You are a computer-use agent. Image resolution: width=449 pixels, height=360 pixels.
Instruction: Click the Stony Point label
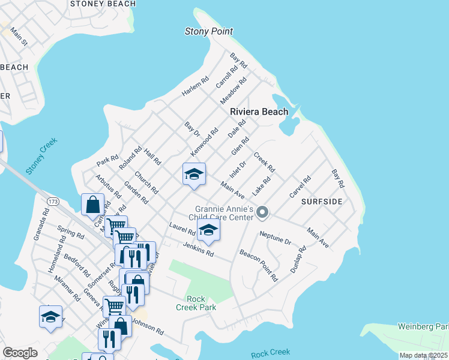coord(208,31)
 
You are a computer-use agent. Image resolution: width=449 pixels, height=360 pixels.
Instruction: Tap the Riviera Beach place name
coord(259,112)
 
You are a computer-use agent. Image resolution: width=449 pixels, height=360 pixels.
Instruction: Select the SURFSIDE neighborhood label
coord(322,202)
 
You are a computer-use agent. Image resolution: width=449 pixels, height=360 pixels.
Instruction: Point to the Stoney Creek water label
coord(41,156)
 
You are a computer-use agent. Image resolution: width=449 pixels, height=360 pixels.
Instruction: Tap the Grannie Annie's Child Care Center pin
coord(262,212)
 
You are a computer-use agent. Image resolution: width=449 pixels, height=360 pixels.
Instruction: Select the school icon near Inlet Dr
coord(194,175)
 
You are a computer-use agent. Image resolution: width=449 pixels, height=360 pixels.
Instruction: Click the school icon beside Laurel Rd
coord(208,230)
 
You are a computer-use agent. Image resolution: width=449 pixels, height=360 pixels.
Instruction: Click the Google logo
coord(20,353)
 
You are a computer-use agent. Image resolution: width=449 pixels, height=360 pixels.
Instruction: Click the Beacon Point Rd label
coord(259,266)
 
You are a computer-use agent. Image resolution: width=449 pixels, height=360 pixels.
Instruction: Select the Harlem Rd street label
coord(195,87)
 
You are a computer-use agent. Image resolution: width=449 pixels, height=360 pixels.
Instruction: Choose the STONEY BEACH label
coord(103,4)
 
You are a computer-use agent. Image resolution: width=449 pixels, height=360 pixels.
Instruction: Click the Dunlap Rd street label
coord(298,259)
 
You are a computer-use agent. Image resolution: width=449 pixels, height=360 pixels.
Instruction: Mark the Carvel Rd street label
coord(300,187)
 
